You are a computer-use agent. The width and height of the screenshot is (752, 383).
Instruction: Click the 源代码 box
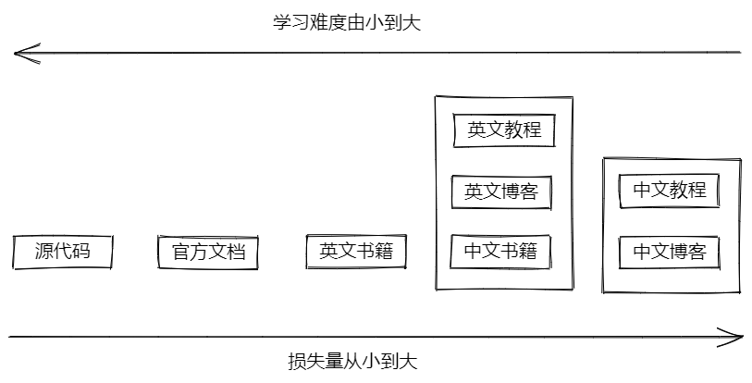click(63, 251)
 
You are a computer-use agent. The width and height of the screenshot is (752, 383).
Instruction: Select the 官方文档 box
click(208, 251)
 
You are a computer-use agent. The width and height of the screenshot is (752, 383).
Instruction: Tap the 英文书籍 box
click(356, 251)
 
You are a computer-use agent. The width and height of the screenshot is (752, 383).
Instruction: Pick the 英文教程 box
click(504, 130)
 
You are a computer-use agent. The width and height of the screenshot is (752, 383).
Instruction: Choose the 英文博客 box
click(501, 191)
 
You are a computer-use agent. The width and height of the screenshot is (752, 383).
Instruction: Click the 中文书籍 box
click(501, 250)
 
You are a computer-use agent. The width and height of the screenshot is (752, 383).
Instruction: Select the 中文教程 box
click(670, 191)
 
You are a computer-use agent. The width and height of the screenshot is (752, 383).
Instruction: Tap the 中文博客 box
click(670, 251)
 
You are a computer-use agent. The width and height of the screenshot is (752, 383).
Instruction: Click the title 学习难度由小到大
click(347, 22)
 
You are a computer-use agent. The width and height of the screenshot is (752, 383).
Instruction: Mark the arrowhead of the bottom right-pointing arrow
click(737, 336)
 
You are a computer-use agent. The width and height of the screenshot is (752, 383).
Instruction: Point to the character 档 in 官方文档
click(237, 251)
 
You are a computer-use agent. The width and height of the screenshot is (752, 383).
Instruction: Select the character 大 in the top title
click(412, 22)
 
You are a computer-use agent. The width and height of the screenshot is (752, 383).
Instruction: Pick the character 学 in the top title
click(282, 22)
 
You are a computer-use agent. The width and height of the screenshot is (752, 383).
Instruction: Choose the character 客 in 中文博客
click(697, 251)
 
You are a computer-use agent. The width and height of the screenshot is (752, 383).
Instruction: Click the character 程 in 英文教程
click(532, 130)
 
